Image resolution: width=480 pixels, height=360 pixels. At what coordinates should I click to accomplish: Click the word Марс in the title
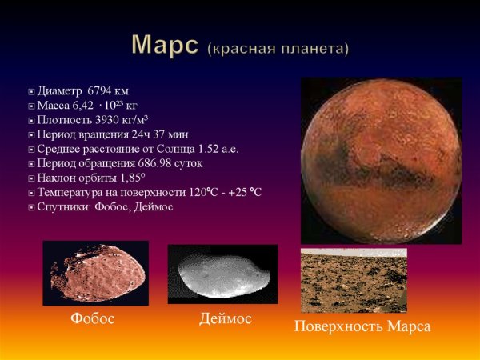pos(164,46)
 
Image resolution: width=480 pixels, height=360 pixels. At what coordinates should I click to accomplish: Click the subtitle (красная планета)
pos(278,49)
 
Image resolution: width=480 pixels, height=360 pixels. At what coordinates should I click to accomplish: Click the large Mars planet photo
pos(381,160)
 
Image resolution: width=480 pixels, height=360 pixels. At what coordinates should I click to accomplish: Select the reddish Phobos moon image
pos(95,273)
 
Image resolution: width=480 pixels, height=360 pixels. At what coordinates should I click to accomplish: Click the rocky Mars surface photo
pos(353,280)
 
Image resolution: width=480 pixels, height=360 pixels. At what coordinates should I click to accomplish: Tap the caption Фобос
pos(93,319)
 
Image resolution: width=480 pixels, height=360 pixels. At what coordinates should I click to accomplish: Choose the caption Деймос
pos(225,319)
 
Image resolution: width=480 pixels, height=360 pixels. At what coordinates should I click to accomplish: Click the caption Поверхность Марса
pos(362,326)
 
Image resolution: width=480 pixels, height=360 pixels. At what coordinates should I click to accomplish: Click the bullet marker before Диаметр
pos(30,91)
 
